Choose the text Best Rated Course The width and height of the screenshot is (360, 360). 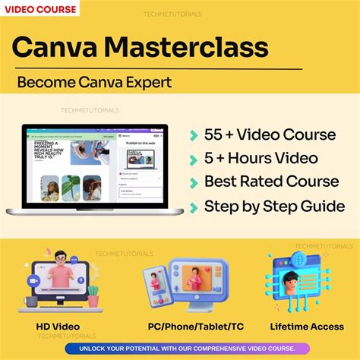[271, 182]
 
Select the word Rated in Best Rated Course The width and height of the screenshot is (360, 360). [259, 182]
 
